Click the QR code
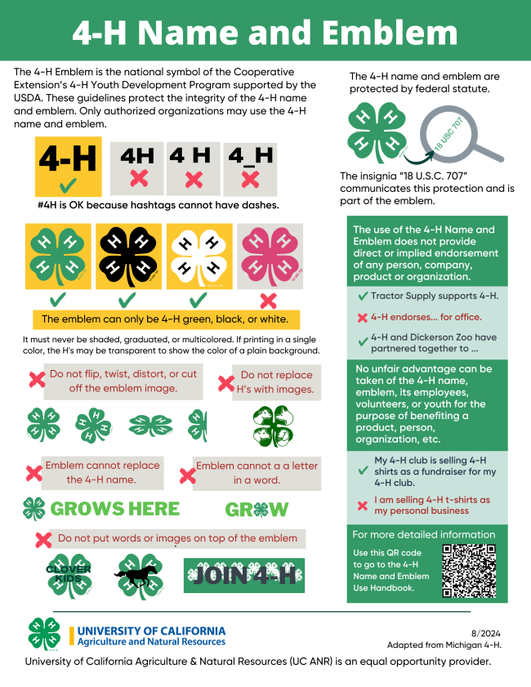pyautogui.click(x=469, y=570)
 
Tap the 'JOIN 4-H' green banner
pyautogui.click(x=243, y=575)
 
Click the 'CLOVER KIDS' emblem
pyautogui.click(x=69, y=573)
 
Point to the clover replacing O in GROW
pyautogui.click(x=257, y=510)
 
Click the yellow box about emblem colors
pyautogui.click(x=166, y=319)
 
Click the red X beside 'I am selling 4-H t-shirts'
pyautogui.click(x=363, y=506)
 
